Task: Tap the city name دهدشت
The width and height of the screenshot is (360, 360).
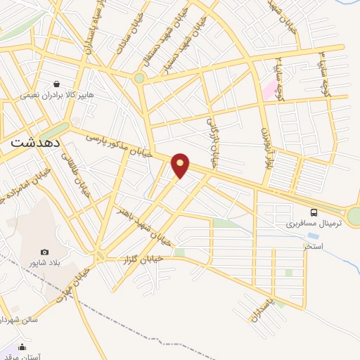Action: click(x=34, y=142)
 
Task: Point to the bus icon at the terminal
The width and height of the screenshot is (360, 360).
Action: click(x=314, y=212)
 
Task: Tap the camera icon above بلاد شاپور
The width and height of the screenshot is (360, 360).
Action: click(x=45, y=252)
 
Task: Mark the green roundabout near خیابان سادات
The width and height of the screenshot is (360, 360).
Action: click(x=139, y=78)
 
